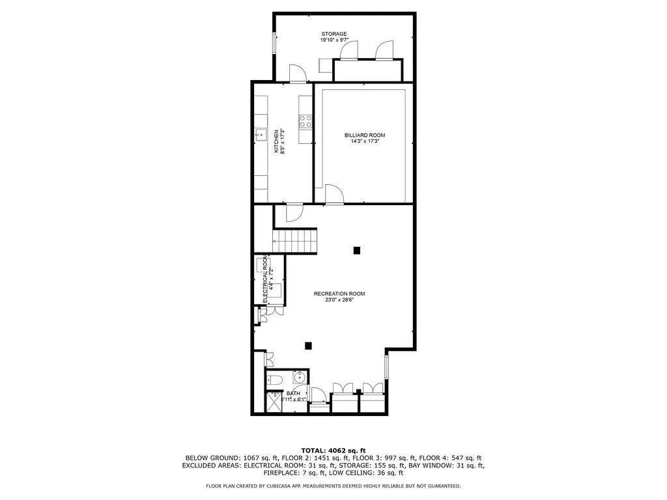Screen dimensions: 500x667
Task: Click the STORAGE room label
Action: pos(333,33)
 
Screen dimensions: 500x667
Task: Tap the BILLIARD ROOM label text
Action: pos(361,135)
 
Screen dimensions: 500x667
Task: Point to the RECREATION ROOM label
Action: pos(335,293)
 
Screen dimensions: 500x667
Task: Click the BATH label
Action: pos(294,393)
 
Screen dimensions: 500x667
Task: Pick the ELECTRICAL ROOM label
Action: pos(265,281)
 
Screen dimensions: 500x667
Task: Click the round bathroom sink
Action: pos(299,378)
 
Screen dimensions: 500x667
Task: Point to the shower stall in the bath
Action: pos(272,402)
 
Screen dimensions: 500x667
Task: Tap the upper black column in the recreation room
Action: pos(356,250)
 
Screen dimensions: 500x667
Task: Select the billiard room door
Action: pos(333,195)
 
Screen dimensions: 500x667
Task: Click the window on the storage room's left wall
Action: pos(274,42)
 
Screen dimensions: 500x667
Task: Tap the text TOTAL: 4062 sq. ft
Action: pos(333,450)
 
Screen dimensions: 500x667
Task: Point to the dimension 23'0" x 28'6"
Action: pos(335,299)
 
